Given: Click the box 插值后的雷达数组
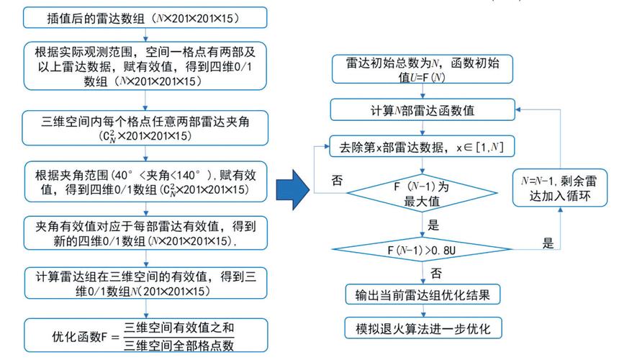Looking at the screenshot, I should (x=145, y=17).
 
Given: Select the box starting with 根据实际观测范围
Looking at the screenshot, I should (x=145, y=66).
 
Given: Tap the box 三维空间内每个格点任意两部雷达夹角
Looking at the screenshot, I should (x=145, y=126).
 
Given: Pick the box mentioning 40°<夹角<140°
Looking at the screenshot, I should (x=145, y=181).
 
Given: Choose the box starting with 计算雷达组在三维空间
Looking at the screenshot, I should (x=145, y=283).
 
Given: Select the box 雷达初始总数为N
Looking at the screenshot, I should (x=423, y=69).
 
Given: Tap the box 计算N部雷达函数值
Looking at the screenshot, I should (x=423, y=109).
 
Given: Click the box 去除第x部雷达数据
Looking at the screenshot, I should (x=423, y=148).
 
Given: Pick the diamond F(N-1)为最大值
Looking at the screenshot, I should (x=423, y=194).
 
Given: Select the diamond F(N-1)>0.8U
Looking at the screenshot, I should (x=423, y=250).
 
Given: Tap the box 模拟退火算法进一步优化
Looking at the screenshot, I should (x=423, y=328).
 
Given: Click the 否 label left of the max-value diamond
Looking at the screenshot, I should (x=336, y=177).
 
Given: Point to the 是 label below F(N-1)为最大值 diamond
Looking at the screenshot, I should (x=433, y=224).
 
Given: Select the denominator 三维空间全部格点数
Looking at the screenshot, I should (x=179, y=344).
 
